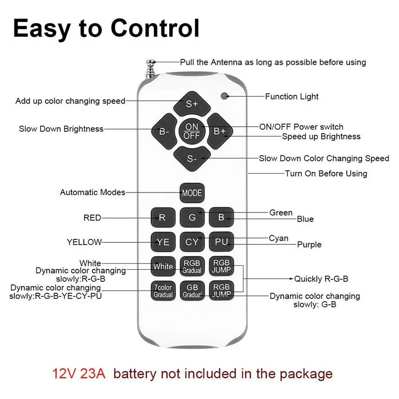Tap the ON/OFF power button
point(192,131)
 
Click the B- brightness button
point(164,131)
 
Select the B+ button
point(219,131)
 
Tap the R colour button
point(163,217)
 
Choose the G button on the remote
point(192,217)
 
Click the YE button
point(163,242)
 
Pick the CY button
point(192,242)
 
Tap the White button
point(163,266)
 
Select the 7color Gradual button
point(163,291)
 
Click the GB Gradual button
point(192,291)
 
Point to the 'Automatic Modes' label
point(93,192)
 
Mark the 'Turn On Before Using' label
point(326,174)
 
